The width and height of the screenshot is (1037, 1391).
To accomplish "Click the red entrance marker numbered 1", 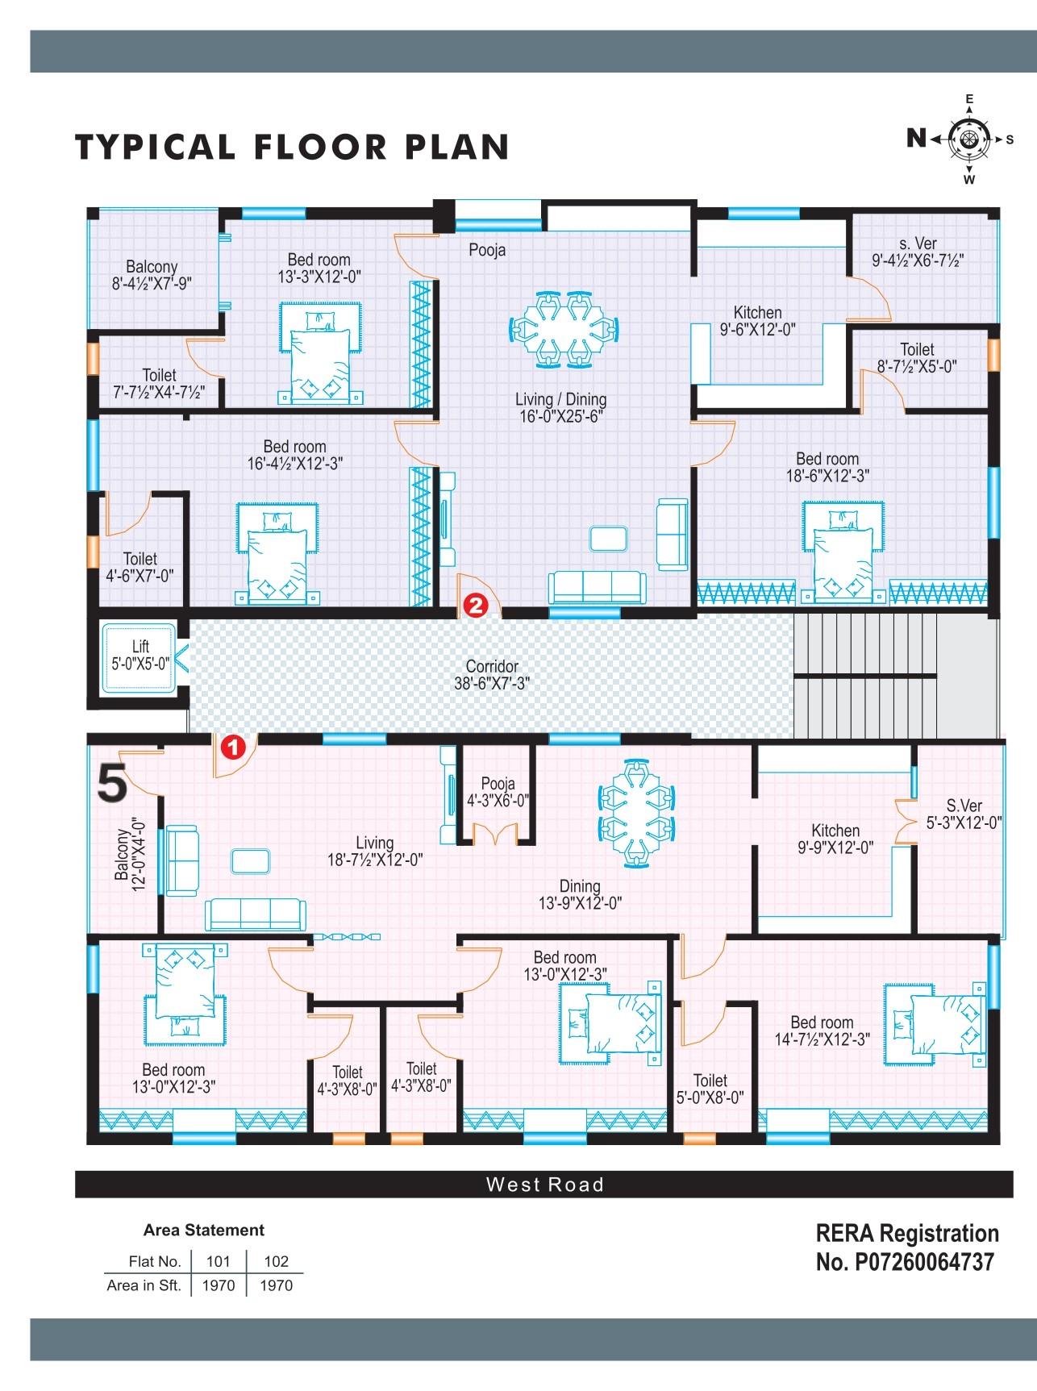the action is tap(233, 748).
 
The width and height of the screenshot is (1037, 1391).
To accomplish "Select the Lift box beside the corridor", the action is tap(139, 657).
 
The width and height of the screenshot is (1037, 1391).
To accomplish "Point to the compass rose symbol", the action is tap(968, 140).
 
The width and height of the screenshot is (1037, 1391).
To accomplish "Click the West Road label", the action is tap(544, 1185).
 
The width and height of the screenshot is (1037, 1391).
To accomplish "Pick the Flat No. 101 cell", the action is tap(219, 1261).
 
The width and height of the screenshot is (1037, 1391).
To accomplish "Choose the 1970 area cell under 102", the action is tap(276, 1285).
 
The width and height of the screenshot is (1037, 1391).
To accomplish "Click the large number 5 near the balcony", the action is tap(112, 784).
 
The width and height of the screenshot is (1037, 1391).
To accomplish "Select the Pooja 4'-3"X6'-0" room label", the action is tap(497, 792).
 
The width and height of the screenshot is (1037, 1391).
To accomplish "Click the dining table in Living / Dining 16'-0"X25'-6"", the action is tap(565, 327).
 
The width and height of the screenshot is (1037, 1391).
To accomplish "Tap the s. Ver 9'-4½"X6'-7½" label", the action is tap(918, 252).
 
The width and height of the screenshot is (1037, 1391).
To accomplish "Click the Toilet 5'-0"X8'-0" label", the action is tap(710, 1089).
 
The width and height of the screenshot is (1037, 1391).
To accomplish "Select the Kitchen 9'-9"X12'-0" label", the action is tap(835, 839).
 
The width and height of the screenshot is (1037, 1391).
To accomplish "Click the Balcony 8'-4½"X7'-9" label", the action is tap(152, 274).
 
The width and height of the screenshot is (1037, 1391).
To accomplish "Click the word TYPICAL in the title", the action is tap(155, 147).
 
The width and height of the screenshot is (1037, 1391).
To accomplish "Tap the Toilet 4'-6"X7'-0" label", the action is tap(140, 567).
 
